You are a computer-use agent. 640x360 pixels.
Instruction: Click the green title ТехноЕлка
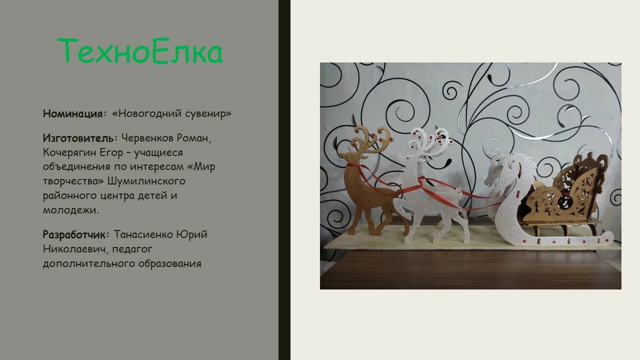140,51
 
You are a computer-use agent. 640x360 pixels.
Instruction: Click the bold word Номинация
73,114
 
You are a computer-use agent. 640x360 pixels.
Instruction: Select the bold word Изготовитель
78,138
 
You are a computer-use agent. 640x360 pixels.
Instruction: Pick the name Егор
111,153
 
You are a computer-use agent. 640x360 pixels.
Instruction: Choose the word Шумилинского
146,181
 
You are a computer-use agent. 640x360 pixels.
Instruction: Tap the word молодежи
70,210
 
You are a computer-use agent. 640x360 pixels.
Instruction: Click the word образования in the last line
170,263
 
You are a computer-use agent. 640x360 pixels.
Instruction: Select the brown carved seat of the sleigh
564,190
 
